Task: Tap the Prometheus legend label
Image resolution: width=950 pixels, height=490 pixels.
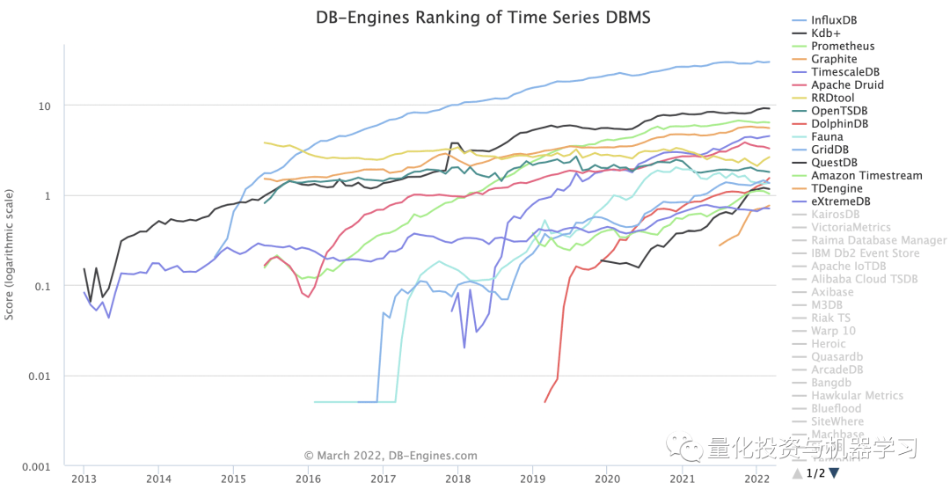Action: (x=843, y=46)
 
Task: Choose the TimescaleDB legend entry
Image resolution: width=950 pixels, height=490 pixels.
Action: (x=845, y=72)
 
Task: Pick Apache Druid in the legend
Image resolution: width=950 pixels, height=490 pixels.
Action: (x=847, y=84)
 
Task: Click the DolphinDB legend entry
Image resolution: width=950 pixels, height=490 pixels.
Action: (x=840, y=124)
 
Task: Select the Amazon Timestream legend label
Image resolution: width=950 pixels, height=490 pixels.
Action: (x=866, y=175)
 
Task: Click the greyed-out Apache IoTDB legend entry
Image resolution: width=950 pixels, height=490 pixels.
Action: (x=848, y=266)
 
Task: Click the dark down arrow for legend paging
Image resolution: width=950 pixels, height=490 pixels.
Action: (x=834, y=473)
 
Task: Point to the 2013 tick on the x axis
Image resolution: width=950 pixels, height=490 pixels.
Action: (x=84, y=479)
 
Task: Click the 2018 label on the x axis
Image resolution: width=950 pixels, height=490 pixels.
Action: (x=457, y=479)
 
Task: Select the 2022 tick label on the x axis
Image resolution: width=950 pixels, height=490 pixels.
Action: (x=756, y=479)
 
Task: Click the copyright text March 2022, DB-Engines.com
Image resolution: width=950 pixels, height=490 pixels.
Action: (x=391, y=456)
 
